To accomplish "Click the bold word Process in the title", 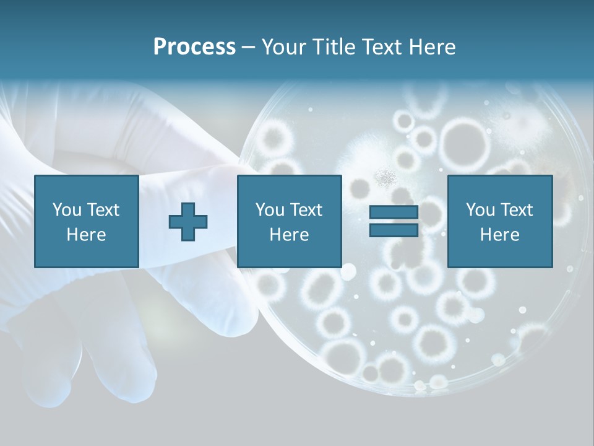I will (194, 47).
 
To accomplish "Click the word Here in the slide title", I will (433, 47).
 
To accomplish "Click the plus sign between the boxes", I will (188, 222).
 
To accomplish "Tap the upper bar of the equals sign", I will (394, 212).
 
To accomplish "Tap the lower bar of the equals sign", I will (394, 230).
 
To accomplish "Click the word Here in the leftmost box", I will (86, 235).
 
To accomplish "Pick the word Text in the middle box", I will (306, 210).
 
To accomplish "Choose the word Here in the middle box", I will (289, 235).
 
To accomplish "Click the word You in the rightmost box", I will (480, 210).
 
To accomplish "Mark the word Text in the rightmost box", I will (517, 210).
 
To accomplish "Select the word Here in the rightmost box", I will (499, 235).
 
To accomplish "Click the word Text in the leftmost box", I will (103, 210).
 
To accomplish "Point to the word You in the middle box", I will (270, 210).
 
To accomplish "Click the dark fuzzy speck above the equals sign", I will (386, 179).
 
